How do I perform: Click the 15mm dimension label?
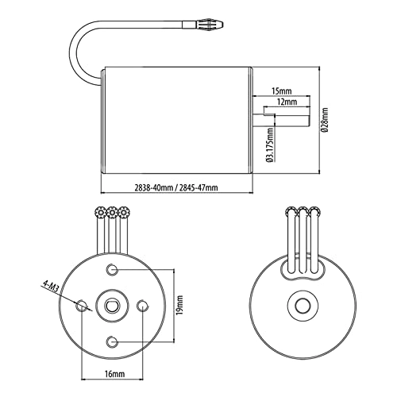pyautogui.click(x=282, y=91)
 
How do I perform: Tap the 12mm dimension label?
pyautogui.click(x=287, y=102)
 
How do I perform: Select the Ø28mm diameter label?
pyautogui.click(x=324, y=120)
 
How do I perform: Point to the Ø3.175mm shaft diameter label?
pyautogui.click(x=270, y=145)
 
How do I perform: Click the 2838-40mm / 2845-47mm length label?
pyautogui.click(x=176, y=187)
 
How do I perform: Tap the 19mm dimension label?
pyautogui.click(x=180, y=305)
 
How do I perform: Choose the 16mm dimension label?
pyautogui.click(x=114, y=374)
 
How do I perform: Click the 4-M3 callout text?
pyautogui.click(x=50, y=286)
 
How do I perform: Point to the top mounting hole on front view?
pyautogui.click(x=112, y=270)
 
